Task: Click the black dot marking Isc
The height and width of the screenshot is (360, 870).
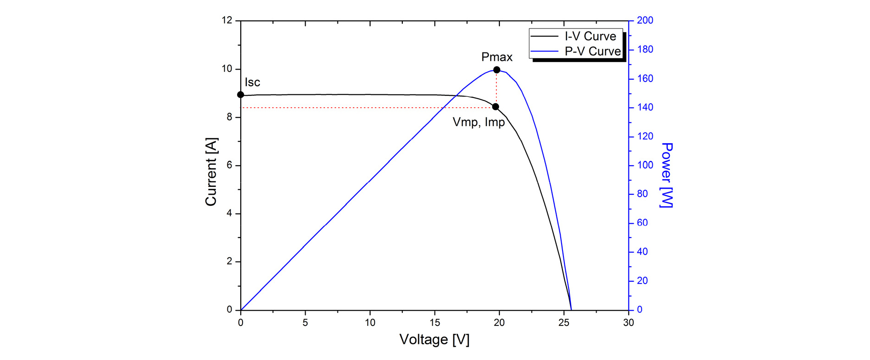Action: pos(240,95)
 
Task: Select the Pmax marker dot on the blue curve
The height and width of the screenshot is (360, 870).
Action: pos(497,70)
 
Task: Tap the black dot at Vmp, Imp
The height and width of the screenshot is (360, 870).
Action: pos(496,107)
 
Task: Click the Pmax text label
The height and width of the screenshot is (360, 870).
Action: pos(497,57)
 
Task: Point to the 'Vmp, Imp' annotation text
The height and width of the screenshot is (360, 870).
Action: pos(479,122)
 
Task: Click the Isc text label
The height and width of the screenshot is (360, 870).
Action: pos(252,82)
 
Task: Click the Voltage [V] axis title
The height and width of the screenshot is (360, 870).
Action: pos(434,340)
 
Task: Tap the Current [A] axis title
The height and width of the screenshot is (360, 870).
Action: pos(211,171)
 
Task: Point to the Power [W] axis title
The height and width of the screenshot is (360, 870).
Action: pos(667,175)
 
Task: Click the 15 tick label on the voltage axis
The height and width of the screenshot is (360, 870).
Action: pos(435,323)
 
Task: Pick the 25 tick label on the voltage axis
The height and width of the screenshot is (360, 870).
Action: pos(564,323)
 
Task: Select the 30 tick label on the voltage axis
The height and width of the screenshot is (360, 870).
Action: pos(628,323)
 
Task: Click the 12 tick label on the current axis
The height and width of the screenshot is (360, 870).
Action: pos(227,20)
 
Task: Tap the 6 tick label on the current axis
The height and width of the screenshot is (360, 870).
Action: pos(229,165)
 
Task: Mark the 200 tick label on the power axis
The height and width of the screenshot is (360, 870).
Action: pos(645,20)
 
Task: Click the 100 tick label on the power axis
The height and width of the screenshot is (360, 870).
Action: pos(645,165)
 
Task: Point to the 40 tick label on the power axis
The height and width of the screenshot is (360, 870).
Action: pos(643,252)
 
